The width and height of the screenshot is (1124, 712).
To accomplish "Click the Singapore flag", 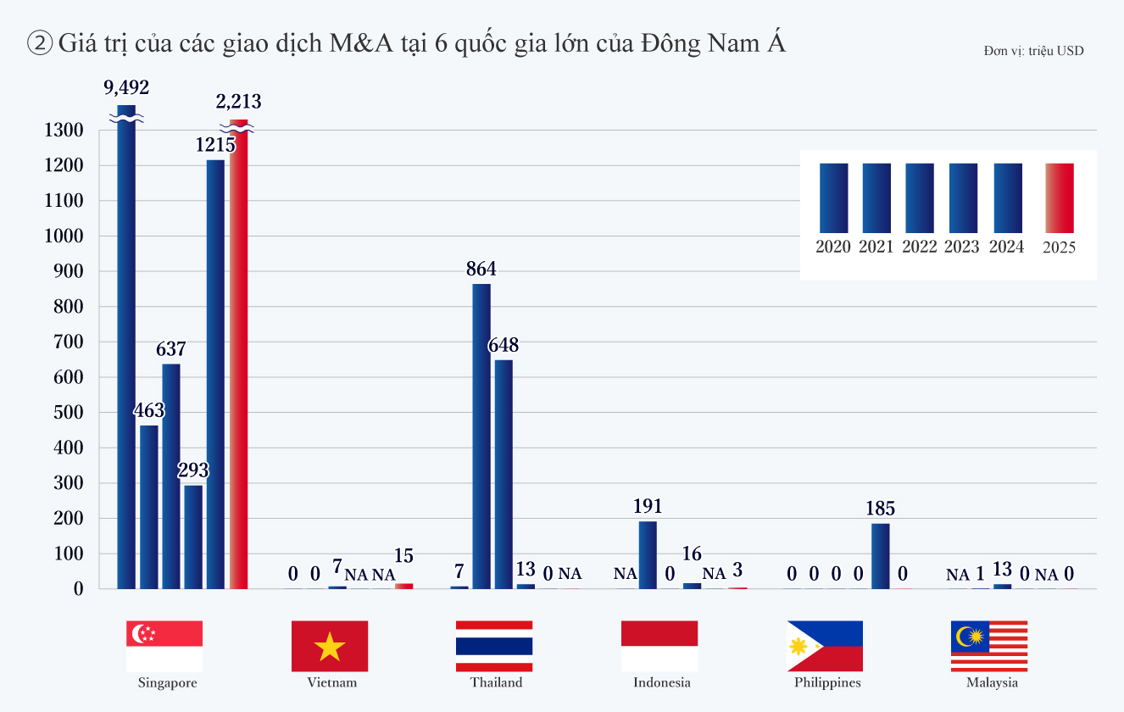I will [164, 646].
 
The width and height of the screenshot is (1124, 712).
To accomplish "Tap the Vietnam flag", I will [330, 646].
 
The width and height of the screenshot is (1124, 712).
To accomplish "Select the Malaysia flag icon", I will [988, 646].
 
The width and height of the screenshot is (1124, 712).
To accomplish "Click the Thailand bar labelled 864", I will [481, 436].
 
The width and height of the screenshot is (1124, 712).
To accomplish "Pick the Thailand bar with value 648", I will [504, 474].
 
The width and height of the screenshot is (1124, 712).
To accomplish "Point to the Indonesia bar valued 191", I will [648, 554].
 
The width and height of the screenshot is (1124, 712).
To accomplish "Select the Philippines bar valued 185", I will [881, 555].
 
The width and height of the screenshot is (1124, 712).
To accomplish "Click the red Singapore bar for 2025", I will [238, 356].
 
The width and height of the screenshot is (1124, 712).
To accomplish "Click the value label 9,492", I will [126, 87].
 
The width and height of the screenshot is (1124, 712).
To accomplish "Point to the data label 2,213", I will [238, 102].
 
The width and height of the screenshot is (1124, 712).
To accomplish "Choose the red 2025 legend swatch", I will [1060, 197].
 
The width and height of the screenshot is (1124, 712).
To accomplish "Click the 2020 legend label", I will [833, 247].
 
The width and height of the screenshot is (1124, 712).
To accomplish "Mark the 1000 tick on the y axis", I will [64, 236].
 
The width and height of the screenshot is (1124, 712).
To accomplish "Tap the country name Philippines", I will [827, 682].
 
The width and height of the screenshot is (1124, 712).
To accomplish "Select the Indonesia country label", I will [662, 682].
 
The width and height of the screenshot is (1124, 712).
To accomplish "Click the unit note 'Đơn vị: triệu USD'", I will [1033, 51].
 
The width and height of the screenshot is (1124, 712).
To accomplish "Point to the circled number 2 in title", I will [40, 43].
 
